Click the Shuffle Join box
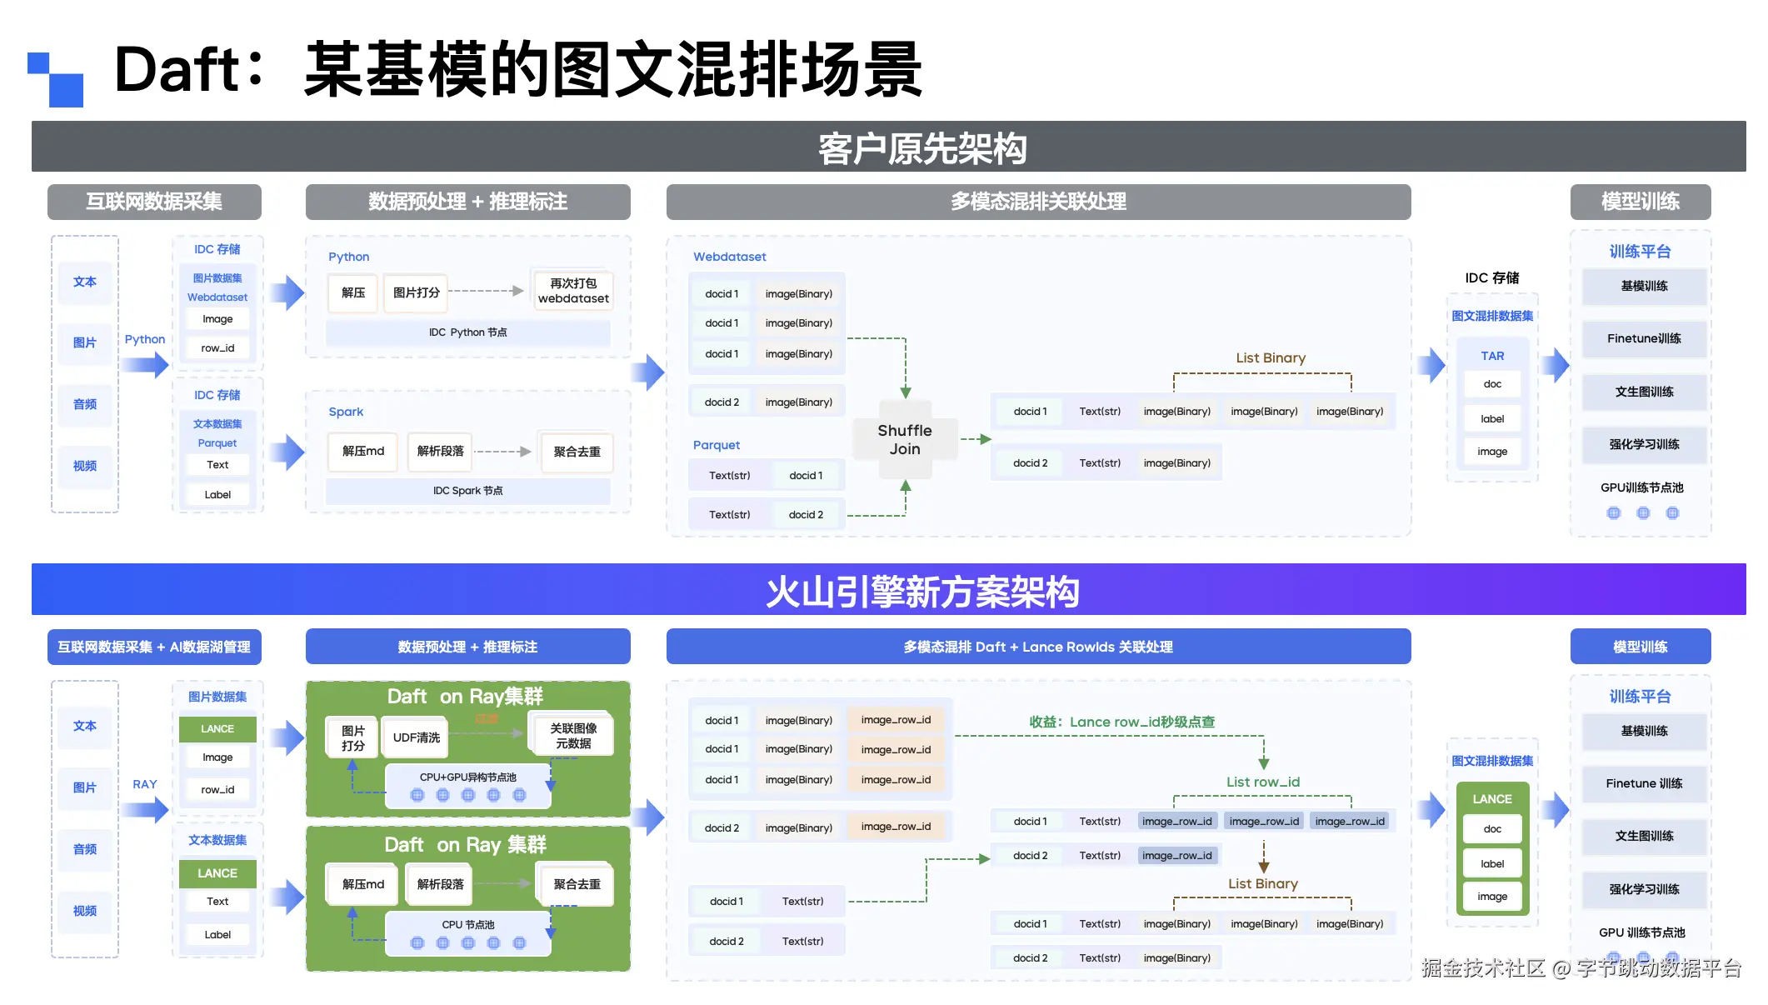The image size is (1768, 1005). click(904, 439)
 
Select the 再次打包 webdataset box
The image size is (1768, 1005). click(573, 291)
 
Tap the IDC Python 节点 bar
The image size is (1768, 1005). click(467, 332)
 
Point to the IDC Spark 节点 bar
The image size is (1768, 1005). click(467, 491)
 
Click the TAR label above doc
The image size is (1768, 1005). click(1492, 356)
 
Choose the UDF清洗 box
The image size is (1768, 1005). click(416, 737)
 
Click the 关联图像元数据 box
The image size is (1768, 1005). click(573, 736)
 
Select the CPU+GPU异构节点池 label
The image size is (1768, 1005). click(467, 777)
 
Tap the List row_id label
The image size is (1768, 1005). click(1262, 782)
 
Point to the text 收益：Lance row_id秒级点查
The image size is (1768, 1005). click(1121, 722)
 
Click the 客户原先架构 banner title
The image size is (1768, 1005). click(921, 148)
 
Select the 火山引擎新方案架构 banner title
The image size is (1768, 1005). click(921, 592)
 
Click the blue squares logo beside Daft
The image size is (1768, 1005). click(56, 79)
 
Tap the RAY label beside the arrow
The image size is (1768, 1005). click(144, 784)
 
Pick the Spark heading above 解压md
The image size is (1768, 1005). click(346, 412)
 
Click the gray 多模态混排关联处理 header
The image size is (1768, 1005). click(1038, 202)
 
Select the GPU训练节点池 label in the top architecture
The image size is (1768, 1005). click(1641, 487)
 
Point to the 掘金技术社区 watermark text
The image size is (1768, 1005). click(1483, 967)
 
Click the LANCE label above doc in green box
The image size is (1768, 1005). click(1491, 798)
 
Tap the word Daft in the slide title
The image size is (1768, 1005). click(177, 69)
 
